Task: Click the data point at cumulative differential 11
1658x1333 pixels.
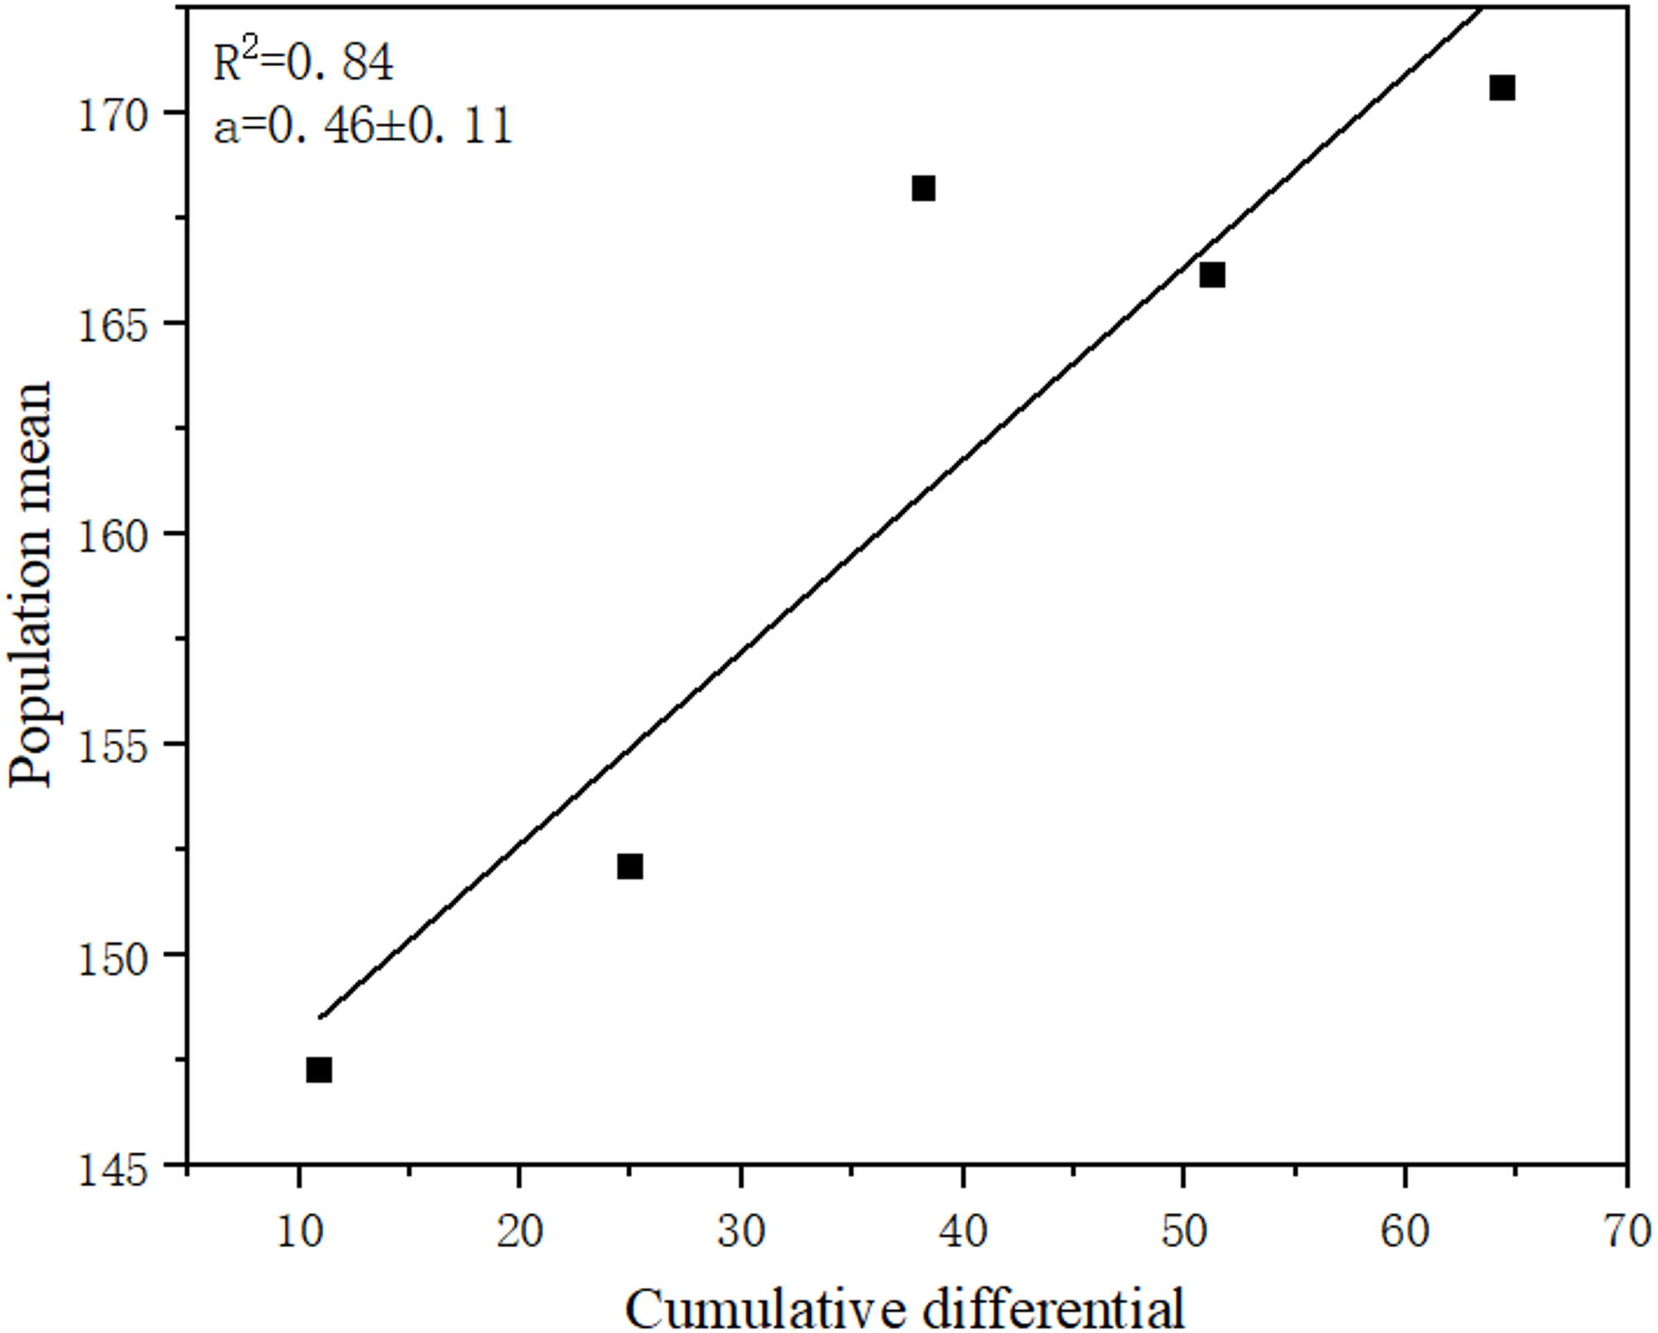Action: [x=319, y=1070]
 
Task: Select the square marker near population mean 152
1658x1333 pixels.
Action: [x=629, y=867]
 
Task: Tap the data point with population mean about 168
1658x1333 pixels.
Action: [x=923, y=189]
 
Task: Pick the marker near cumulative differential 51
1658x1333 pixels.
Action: [x=1211, y=275]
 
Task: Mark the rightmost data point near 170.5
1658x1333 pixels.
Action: [x=1501, y=88]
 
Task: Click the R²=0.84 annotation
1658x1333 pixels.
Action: [x=303, y=63]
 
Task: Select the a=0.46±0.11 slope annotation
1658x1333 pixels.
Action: [x=363, y=127]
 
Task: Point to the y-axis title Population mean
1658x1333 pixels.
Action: [x=31, y=584]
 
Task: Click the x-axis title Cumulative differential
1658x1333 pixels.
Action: [x=905, y=1308]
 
